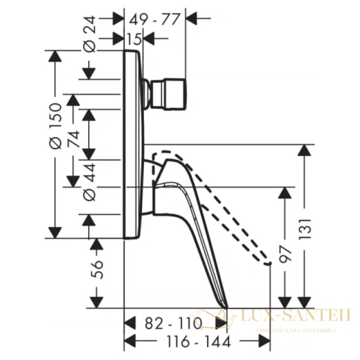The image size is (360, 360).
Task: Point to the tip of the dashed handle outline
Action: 268,260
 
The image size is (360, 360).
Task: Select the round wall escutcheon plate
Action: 133,145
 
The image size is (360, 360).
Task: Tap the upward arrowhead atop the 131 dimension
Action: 306,150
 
